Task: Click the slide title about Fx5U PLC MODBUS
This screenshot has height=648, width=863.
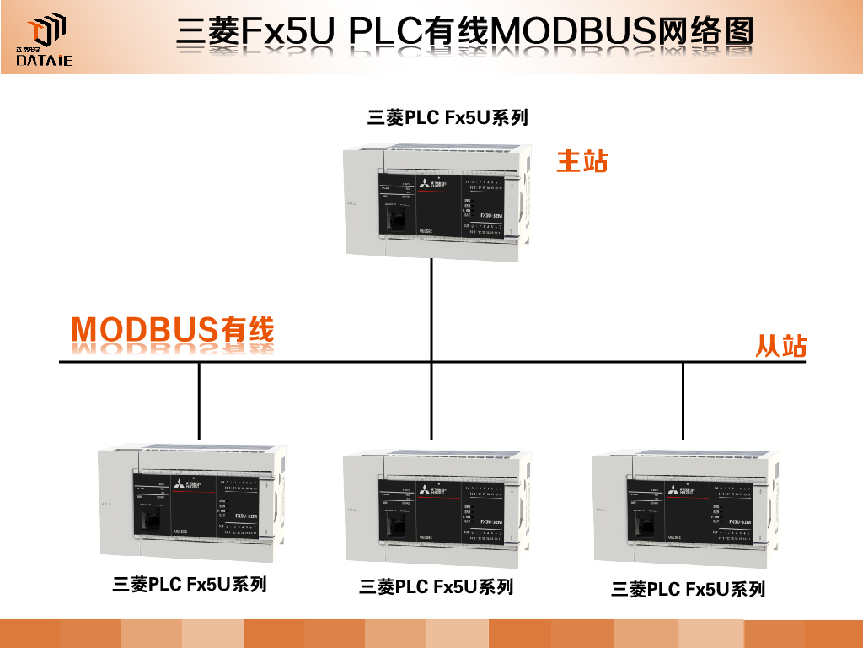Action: [464, 33]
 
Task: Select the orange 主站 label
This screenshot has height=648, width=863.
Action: [582, 161]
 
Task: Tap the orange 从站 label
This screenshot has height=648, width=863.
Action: [780, 346]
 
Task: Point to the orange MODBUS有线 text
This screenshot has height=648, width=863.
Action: [173, 330]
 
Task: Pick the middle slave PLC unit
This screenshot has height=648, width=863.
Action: [438, 508]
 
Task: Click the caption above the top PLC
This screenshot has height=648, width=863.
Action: [448, 117]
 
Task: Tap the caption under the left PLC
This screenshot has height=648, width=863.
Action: [190, 584]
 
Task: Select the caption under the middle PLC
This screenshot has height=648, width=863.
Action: [436, 586]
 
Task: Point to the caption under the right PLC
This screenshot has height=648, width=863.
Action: [688, 589]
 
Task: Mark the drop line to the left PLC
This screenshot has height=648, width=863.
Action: [199, 402]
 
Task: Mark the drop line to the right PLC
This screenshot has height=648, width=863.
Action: [683, 402]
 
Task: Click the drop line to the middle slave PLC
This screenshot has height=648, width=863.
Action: [431, 402]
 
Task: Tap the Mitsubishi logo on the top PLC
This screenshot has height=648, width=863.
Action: [438, 184]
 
